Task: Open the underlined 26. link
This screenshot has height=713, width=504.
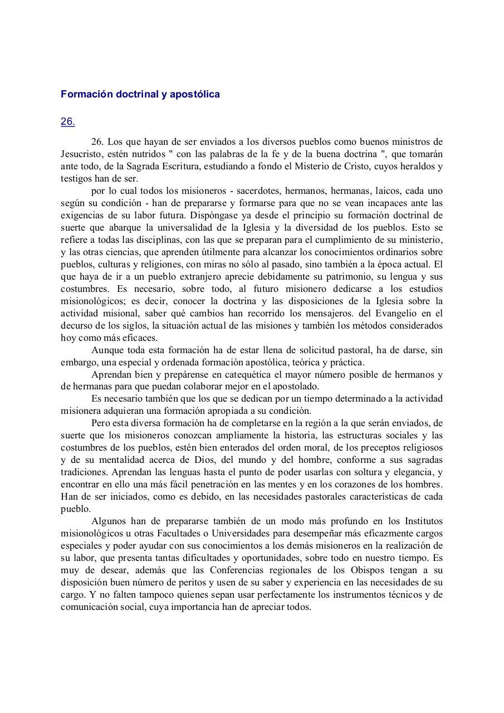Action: [68, 121]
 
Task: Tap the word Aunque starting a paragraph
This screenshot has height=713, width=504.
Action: [107, 350]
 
